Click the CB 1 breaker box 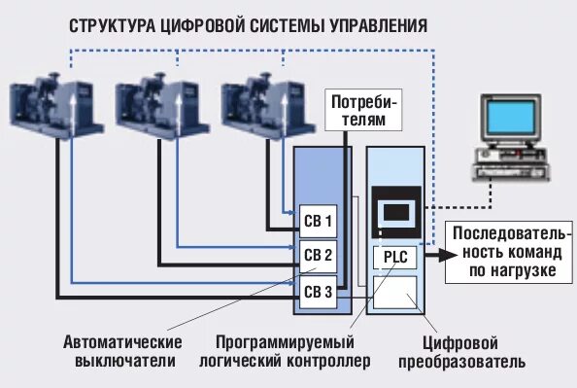pyautogui.click(x=318, y=220)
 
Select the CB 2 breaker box pyautogui.click(x=318, y=256)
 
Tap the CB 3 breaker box pyautogui.click(x=318, y=292)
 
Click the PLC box pyautogui.click(x=395, y=256)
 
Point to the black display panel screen pyautogui.click(x=395, y=212)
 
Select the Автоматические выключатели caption pyautogui.click(x=123, y=352)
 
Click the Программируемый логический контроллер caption pyautogui.click(x=292, y=352)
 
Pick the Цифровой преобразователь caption pyautogui.click(x=460, y=352)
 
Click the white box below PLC pyautogui.click(x=395, y=292)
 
